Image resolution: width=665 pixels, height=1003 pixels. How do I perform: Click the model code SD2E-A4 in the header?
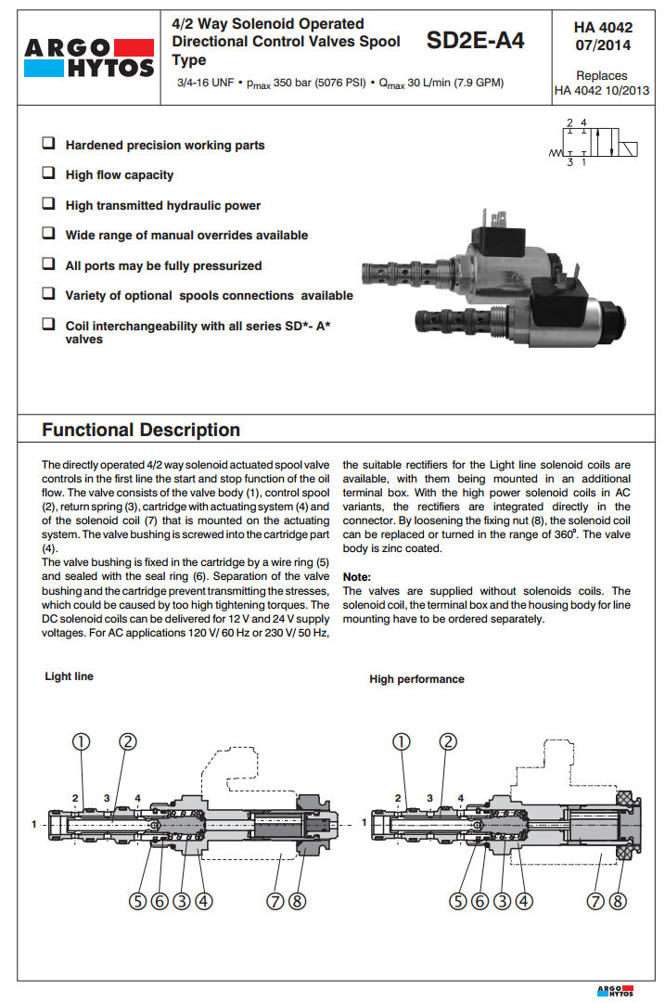point(475,41)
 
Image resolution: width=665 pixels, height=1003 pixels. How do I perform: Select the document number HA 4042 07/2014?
point(603,36)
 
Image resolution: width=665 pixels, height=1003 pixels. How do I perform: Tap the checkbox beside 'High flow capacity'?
point(48,174)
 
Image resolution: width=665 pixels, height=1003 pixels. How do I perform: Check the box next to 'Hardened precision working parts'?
point(48,145)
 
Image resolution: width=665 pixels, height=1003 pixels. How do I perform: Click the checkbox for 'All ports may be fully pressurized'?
point(48,264)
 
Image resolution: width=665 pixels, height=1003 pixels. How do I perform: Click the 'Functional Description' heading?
point(141,430)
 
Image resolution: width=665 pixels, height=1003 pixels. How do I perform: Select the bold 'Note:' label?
point(357,577)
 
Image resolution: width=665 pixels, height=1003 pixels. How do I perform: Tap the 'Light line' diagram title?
point(70,676)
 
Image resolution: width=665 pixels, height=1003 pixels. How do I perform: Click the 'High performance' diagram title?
point(416,679)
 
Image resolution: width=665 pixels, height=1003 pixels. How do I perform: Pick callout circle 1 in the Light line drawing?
point(83,741)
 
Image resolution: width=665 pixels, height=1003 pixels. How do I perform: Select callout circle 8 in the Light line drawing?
point(297,899)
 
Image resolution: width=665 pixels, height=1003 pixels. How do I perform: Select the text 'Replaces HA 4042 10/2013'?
point(602,84)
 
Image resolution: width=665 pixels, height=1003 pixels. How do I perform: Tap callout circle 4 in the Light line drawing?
point(203,899)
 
